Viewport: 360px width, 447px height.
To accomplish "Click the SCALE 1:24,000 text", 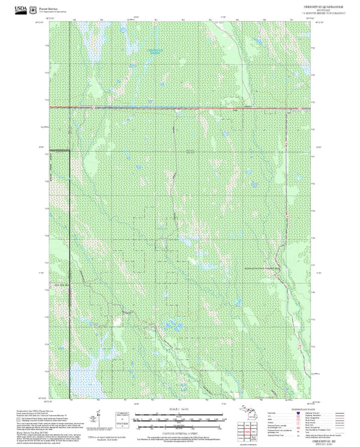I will click(178, 409).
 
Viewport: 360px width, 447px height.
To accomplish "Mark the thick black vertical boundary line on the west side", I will click(70, 203).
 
